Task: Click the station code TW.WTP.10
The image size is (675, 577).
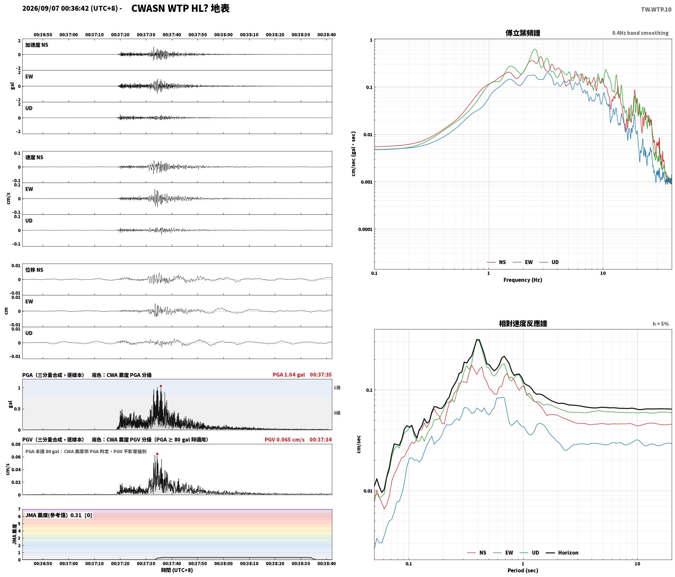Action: pyautogui.click(x=656, y=10)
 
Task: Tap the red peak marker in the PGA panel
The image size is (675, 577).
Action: pyautogui.click(x=161, y=386)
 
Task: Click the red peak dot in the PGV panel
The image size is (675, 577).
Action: pyautogui.click(x=157, y=454)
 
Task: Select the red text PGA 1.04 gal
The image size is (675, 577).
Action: pyautogui.click(x=289, y=375)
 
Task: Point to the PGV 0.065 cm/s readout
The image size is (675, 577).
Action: pyautogui.click(x=284, y=440)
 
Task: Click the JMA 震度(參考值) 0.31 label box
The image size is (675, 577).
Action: pyautogui.click(x=59, y=515)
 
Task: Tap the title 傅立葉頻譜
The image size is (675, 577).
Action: pyautogui.click(x=523, y=33)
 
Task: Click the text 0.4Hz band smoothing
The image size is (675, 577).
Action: pyautogui.click(x=640, y=33)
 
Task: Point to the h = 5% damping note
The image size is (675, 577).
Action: pyautogui.click(x=660, y=324)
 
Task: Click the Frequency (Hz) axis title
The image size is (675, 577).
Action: pyautogui.click(x=523, y=280)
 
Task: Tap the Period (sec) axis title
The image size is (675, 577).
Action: pyautogui.click(x=523, y=570)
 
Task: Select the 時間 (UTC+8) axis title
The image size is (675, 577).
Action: pyautogui.click(x=177, y=570)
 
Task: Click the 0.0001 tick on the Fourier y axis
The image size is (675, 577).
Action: pyautogui.click(x=365, y=229)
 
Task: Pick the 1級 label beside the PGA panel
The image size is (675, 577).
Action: pyautogui.click(x=337, y=388)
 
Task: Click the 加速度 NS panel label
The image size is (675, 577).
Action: pyautogui.click(x=37, y=45)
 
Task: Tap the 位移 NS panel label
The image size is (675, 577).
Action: pyautogui.click(x=34, y=270)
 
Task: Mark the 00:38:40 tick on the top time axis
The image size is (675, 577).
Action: pyautogui.click(x=326, y=35)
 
